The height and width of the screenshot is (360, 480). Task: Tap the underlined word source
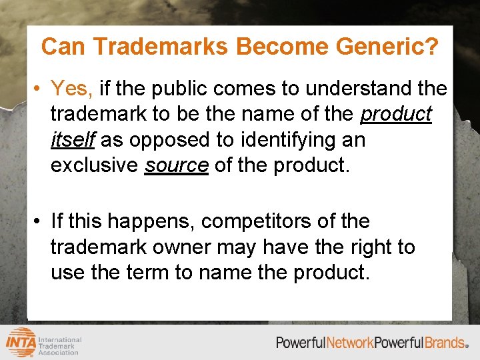coord(177,166)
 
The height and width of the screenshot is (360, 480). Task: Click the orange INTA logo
coord(21,341)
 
